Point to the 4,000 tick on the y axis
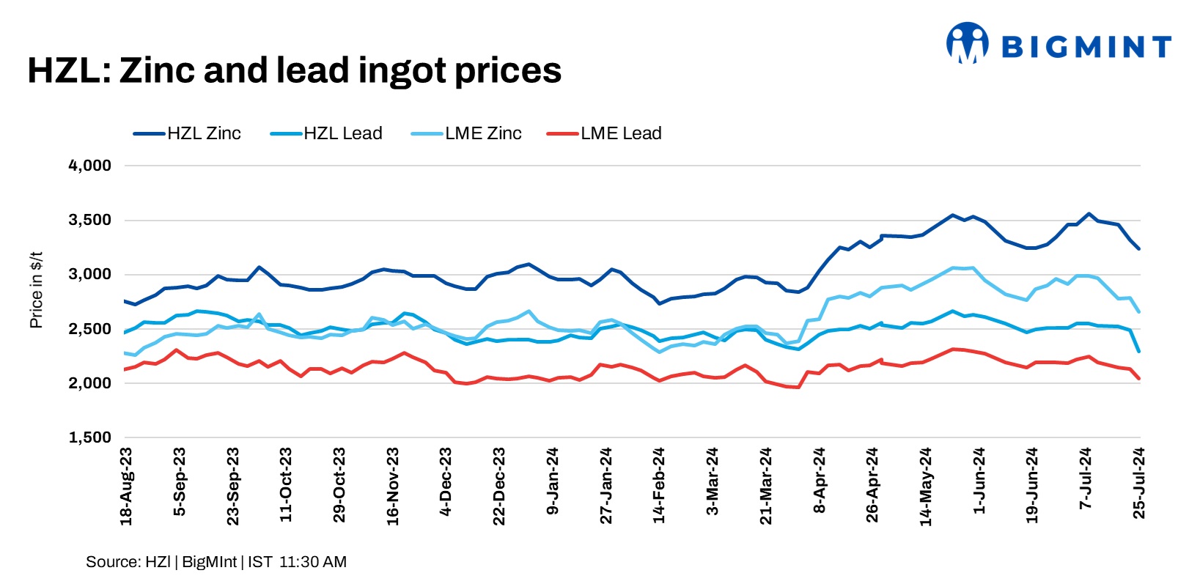tap(90, 166)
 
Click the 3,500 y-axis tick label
tap(90, 220)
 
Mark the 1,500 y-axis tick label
tap(90, 437)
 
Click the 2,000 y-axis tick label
tap(90, 383)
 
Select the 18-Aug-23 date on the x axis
tap(126, 487)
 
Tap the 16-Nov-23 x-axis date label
tap(393, 487)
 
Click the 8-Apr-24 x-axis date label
tap(820, 481)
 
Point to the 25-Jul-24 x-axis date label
tap(1139, 484)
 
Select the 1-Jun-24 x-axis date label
tap(979, 481)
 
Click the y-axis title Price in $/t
tap(36, 290)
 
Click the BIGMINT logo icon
tap(967, 43)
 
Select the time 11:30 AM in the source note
tap(313, 562)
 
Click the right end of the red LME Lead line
tap(1139, 379)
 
